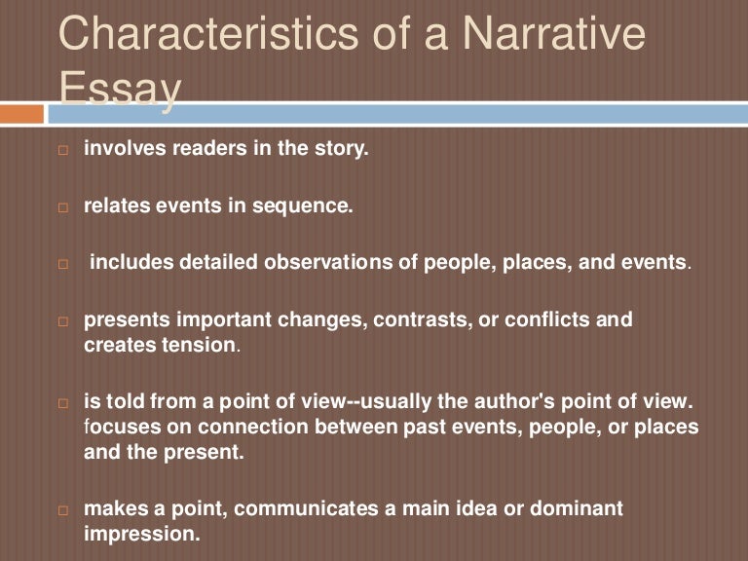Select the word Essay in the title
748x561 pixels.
coord(121,90)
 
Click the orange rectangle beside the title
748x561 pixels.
coord(21,114)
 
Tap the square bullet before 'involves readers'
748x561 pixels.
coord(63,152)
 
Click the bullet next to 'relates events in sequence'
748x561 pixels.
coord(63,208)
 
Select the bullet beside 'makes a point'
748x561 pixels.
coord(63,510)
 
